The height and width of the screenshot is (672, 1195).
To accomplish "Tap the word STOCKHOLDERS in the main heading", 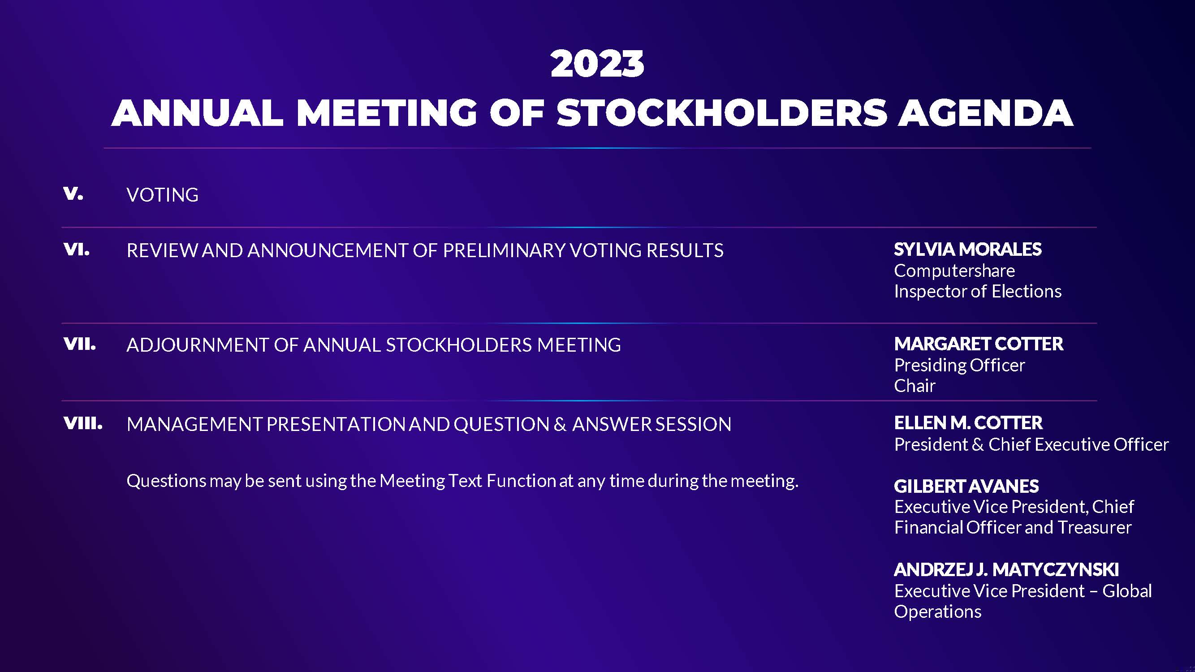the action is pos(722,113).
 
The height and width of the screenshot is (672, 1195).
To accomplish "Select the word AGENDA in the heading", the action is pos(986,113).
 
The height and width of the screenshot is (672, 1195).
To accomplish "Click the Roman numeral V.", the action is pos(73,194).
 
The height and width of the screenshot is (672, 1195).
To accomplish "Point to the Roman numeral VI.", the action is pos(77,250).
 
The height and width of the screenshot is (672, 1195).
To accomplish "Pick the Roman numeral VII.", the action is pos(80,344).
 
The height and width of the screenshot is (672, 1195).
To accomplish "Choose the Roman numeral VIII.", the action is pos(83,423).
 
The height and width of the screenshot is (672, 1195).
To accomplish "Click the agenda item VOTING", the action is pos(162,195).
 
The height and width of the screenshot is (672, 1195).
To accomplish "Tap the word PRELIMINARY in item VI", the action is pos(504,250).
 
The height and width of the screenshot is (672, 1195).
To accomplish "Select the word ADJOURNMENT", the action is pos(197,345).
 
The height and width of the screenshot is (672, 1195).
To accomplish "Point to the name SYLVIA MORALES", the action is pos(968,250).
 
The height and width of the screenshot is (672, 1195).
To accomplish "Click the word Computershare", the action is pos(954,271).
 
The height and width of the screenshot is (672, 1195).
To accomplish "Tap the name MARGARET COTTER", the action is pos(979,344).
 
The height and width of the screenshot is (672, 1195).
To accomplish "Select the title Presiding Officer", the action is pos(959,366).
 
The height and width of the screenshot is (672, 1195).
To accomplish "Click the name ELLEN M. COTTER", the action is pos(968,423).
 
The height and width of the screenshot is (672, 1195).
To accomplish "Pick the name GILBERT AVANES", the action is pos(966,486).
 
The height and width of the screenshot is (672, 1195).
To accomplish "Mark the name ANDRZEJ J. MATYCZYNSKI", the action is pos(1006,569).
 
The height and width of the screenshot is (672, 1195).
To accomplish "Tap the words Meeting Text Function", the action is pos(468,481).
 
